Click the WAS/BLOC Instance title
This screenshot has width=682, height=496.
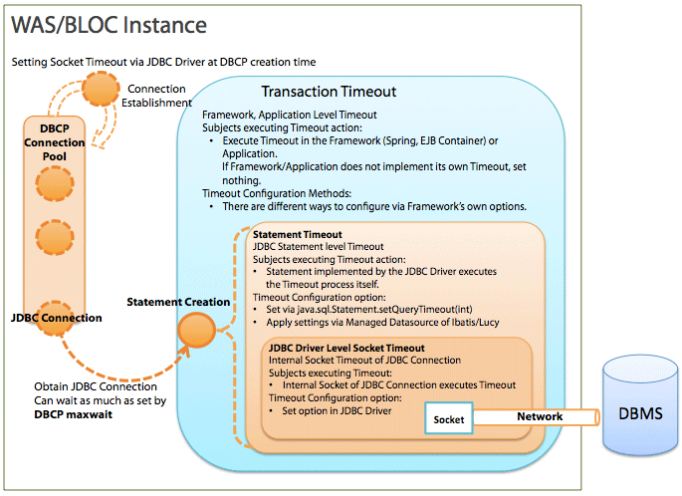(x=109, y=25)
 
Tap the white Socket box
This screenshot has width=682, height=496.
(x=448, y=418)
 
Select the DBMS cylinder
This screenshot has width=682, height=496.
(x=640, y=405)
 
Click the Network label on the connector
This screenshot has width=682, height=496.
(x=540, y=416)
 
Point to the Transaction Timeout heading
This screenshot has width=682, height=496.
(x=329, y=92)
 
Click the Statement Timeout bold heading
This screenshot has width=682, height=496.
(x=298, y=234)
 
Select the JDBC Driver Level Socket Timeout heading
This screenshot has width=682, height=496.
(x=346, y=348)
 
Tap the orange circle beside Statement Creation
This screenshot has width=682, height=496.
(x=196, y=330)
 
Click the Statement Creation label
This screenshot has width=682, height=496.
(x=178, y=302)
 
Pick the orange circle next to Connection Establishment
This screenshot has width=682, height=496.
(x=101, y=89)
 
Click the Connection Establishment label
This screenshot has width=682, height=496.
(x=156, y=96)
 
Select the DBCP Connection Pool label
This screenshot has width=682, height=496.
(x=55, y=142)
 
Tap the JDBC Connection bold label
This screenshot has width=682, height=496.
(x=57, y=318)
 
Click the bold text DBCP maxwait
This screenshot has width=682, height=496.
(x=73, y=414)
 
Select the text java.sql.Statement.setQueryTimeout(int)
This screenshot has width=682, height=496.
(x=384, y=310)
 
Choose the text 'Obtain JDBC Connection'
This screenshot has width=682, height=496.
(x=96, y=386)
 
